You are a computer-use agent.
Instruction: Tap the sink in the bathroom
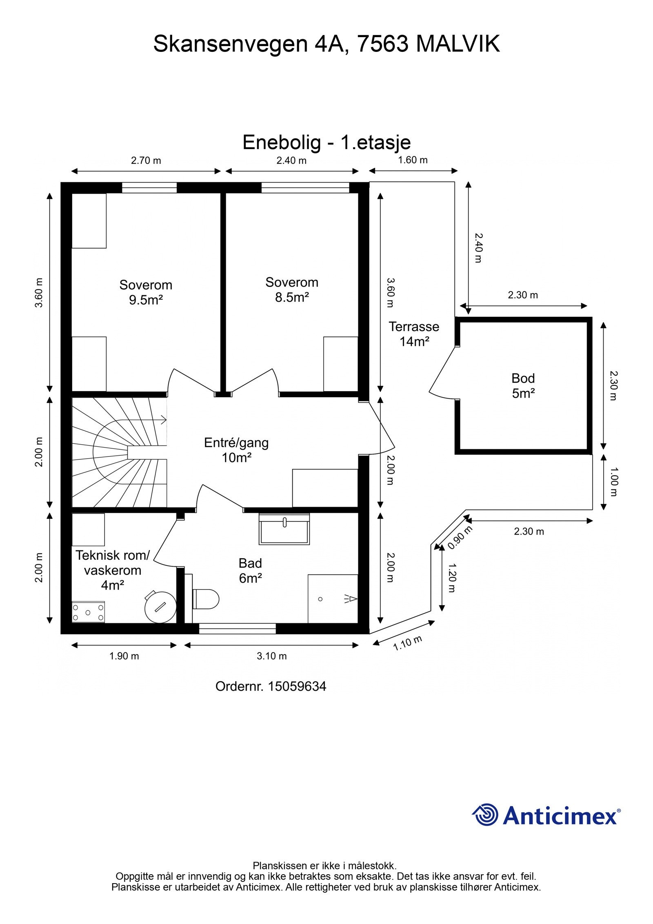tap(284, 529)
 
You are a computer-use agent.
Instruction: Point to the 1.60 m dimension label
tap(413, 160)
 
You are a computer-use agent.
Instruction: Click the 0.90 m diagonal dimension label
tap(460, 538)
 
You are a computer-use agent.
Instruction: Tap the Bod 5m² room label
tap(523, 385)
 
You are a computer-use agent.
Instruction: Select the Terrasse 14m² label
tap(414, 334)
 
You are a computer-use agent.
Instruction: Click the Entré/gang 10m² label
tap(236, 450)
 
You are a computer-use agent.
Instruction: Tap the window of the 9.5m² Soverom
tap(149, 187)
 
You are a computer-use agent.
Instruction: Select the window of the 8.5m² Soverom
tap(305, 187)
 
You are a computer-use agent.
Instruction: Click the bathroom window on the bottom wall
tap(237, 628)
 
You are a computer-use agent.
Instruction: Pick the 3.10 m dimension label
tap(271, 656)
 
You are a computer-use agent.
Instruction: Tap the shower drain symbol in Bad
tap(320, 599)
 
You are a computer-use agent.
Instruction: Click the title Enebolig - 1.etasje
tap(326, 142)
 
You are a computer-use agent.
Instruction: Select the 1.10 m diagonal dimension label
tap(407, 643)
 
